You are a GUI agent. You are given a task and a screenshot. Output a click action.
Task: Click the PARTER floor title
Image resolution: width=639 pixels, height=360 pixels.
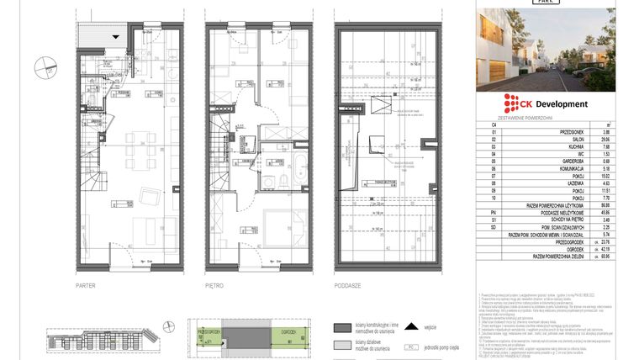tap(86, 286)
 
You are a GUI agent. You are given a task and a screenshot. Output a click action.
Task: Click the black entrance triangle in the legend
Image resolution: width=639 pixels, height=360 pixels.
tap(411, 327)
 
